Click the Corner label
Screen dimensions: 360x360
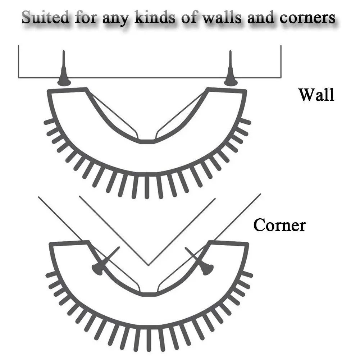[x=279, y=225]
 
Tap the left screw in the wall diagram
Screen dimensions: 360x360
[x=64, y=72]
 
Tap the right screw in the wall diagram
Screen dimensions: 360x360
[x=231, y=72]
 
